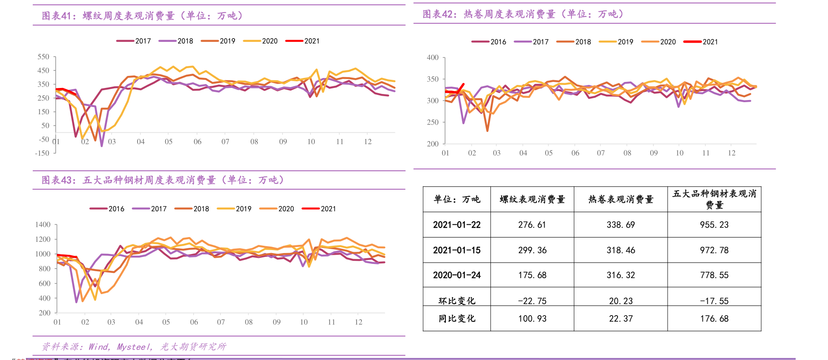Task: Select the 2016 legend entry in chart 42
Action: click(489, 42)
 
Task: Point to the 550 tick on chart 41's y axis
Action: click(43, 57)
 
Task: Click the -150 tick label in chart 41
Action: click(42, 153)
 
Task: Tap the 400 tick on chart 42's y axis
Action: click(433, 58)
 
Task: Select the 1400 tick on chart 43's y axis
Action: click(43, 225)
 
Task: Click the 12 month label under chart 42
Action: click(731, 153)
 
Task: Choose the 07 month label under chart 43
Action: click(221, 322)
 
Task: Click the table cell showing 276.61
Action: click(532, 225)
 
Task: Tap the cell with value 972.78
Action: click(714, 250)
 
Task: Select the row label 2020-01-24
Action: click(457, 275)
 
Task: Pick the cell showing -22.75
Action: click(532, 301)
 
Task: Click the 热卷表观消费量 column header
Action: click(621, 199)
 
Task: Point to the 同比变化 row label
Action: click(457, 319)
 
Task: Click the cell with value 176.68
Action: click(714, 319)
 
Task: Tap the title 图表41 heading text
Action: click(142, 16)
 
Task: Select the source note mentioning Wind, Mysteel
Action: click(134, 347)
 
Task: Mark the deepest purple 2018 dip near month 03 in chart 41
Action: click(102, 146)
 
